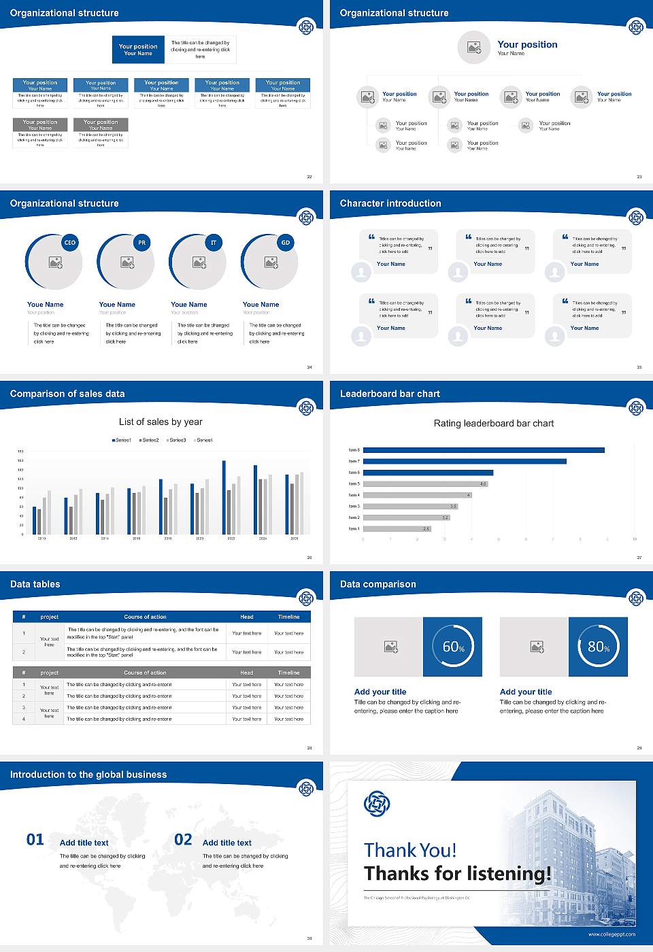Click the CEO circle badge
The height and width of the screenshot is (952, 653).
pyautogui.click(x=69, y=243)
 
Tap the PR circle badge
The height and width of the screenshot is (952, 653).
pyautogui.click(x=141, y=243)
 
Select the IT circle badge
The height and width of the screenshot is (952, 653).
pyautogui.click(x=214, y=243)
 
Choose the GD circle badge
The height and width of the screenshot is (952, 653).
pyautogui.click(x=286, y=243)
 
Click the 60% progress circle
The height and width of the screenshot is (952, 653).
pyautogui.click(x=453, y=647)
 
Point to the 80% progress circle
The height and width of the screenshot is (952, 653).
pyautogui.click(x=598, y=647)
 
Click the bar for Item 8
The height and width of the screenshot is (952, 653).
pyautogui.click(x=484, y=450)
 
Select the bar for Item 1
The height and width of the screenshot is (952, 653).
pyautogui.click(x=397, y=528)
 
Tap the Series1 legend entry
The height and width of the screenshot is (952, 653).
pyautogui.click(x=121, y=440)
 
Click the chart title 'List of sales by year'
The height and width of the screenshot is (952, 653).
pyautogui.click(x=161, y=422)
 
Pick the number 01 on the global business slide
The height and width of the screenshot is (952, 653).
pyautogui.click(x=35, y=840)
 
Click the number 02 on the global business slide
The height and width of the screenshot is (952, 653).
pyautogui.click(x=183, y=840)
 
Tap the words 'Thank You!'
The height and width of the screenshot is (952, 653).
pyautogui.click(x=410, y=850)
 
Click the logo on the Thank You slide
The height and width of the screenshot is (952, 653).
pyautogui.click(x=377, y=804)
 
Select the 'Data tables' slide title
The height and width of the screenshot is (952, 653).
pyautogui.click(x=35, y=584)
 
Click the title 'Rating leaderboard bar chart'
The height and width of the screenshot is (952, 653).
pyautogui.click(x=493, y=423)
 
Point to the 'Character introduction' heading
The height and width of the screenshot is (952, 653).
pyautogui.click(x=390, y=203)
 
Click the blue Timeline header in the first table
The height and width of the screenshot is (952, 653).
pyautogui.click(x=288, y=617)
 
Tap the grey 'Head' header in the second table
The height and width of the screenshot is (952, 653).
pyautogui.click(x=246, y=673)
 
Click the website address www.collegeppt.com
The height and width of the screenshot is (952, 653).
pyautogui.click(x=612, y=934)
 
